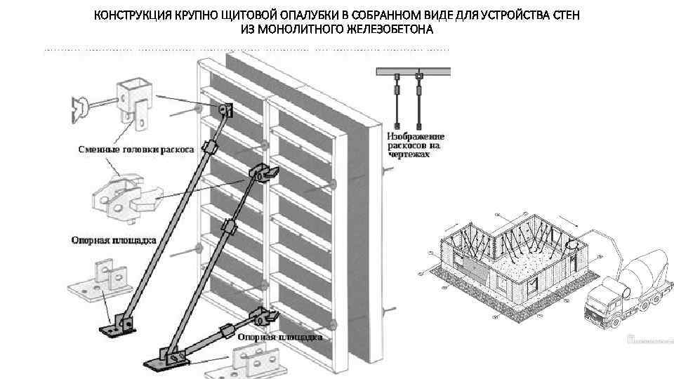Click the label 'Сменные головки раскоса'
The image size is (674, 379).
pos(133,149)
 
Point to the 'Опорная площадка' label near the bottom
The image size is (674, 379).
pos(280,337)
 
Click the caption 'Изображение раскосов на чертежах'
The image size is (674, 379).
pos(416,144)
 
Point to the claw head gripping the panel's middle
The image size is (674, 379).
pos(263,171)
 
